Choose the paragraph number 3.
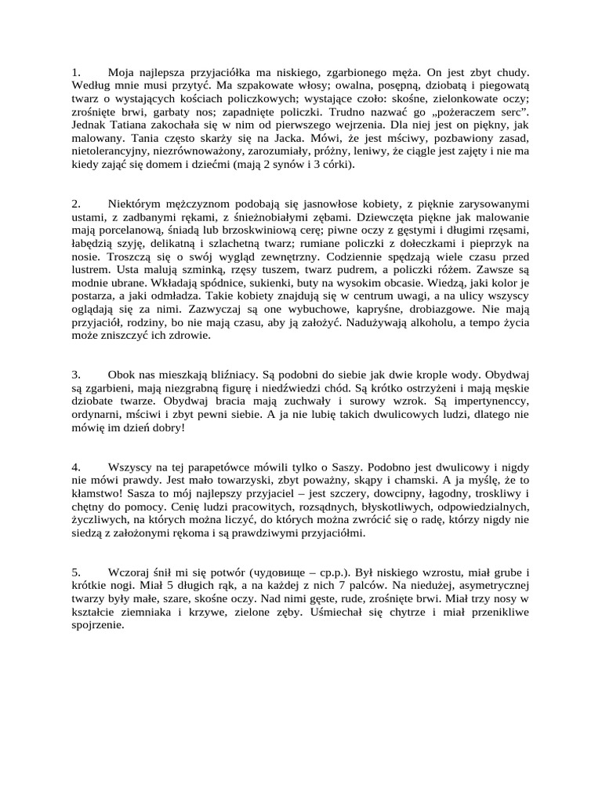point(74,373)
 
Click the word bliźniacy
point(240,373)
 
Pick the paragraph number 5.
point(74,572)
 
